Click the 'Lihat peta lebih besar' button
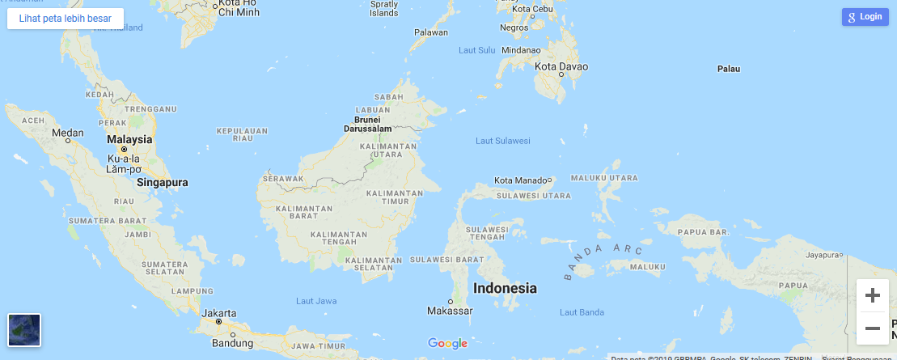66,18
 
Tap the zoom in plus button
872,295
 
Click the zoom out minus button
872,328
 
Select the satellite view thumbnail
24,329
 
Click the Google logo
447,344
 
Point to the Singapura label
162,183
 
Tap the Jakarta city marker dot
218,321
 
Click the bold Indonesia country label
505,288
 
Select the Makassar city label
450,311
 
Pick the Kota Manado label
520,180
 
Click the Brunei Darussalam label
367,124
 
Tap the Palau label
729,69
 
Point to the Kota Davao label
561,66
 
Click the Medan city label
67,133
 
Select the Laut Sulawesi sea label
503,141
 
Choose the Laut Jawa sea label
316,301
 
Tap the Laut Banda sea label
582,312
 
